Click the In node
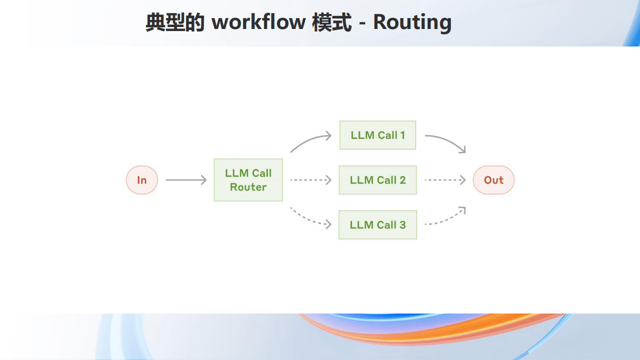tap(141, 180)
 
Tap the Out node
tap(493, 180)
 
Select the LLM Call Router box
tap(248, 180)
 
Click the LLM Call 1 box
tap(377, 135)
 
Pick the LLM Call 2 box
tap(377, 180)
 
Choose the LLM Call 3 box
tap(377, 225)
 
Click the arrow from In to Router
tap(186, 180)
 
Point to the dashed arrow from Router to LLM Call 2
tap(311, 180)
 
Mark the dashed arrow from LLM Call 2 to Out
tap(445, 180)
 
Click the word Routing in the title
tap(412, 22)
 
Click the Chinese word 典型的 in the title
tap(175, 22)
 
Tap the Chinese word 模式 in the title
tap(331, 22)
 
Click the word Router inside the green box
tap(248, 187)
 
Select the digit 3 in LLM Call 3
tap(402, 225)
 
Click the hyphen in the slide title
tap(362, 23)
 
